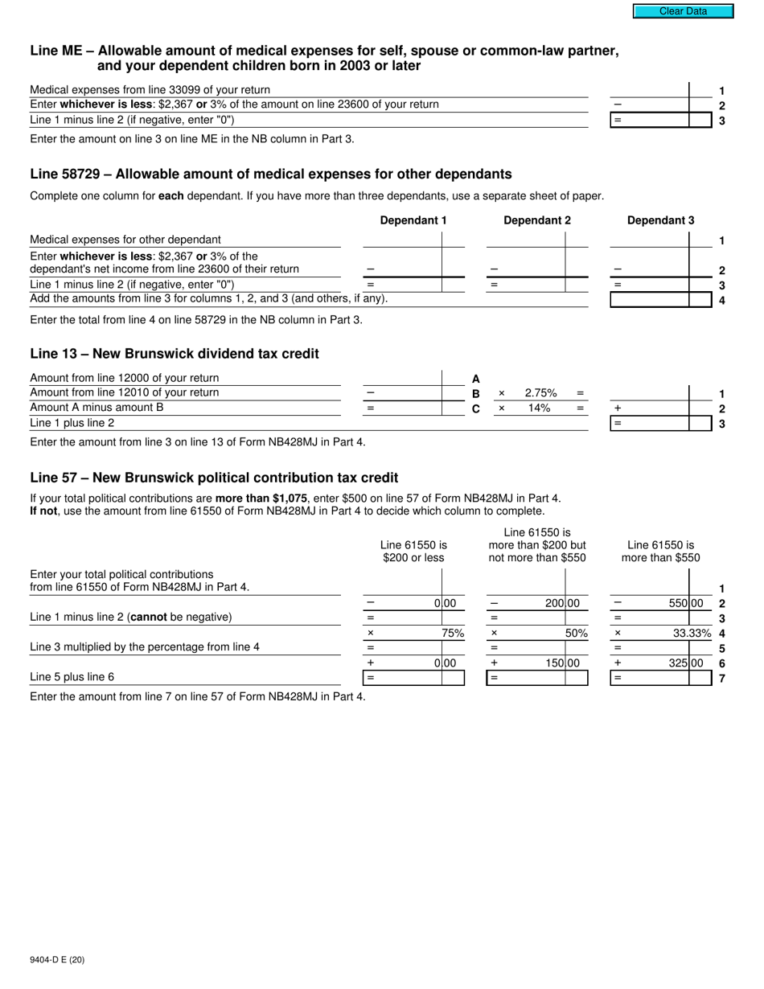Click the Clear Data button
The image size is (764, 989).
(683, 11)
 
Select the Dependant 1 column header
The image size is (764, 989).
(413, 220)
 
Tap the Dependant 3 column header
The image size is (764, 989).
(660, 220)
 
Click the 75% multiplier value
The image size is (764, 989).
(453, 633)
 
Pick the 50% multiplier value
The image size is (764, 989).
(576, 633)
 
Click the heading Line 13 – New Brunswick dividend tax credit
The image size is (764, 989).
(174, 354)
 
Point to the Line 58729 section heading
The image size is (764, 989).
(270, 174)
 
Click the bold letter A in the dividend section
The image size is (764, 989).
(475, 379)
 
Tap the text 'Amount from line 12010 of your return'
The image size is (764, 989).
(124, 392)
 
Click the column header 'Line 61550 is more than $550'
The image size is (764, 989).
(660, 551)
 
